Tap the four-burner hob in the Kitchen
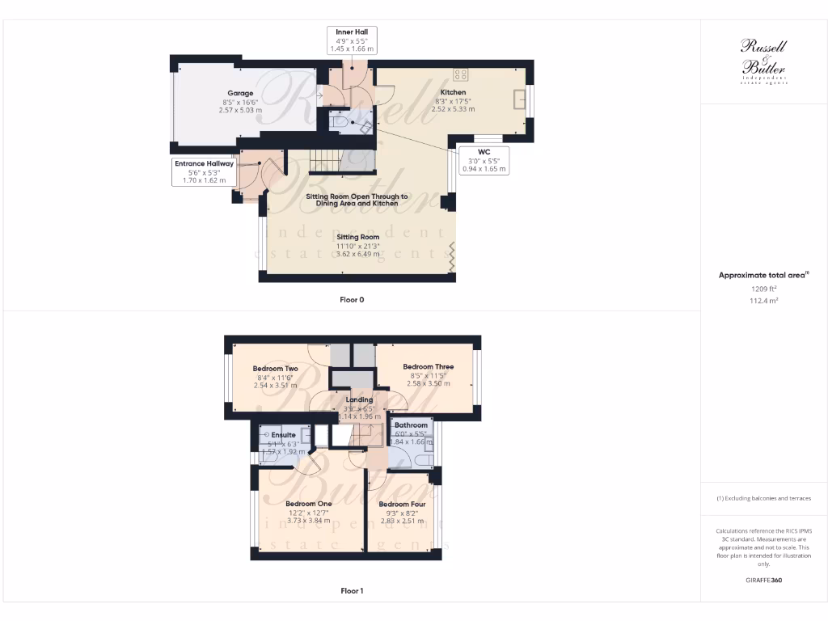point(461,74)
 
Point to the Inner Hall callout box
point(352,40)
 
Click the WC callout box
point(484,160)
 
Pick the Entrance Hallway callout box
point(203,171)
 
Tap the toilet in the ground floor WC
point(344,123)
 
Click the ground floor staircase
point(323,160)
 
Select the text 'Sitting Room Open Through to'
point(357,196)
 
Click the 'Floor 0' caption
point(352,300)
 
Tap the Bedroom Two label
point(275,369)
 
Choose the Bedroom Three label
point(428,366)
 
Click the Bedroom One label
point(308,504)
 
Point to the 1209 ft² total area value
point(763,289)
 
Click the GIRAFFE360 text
point(763,581)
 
